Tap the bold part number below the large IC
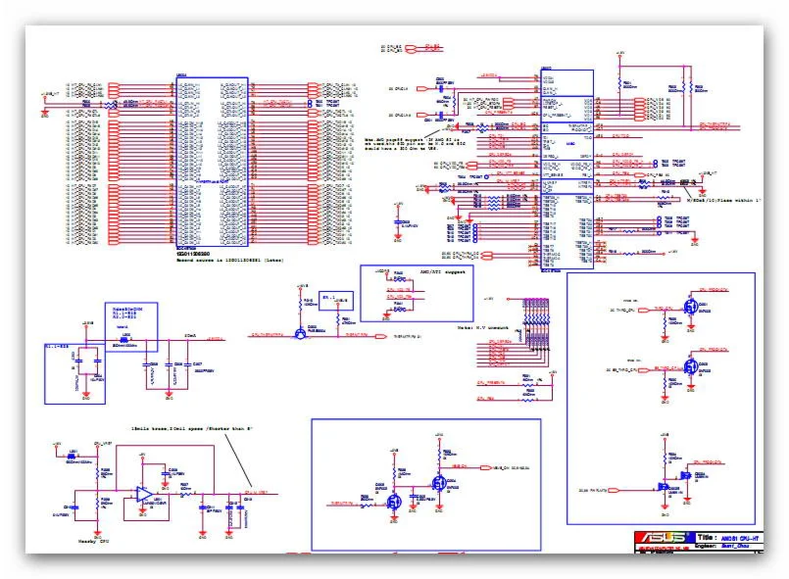coord(202,255)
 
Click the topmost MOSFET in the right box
coord(691,307)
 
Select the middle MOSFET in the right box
coord(691,368)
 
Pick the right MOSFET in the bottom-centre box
coord(441,483)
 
